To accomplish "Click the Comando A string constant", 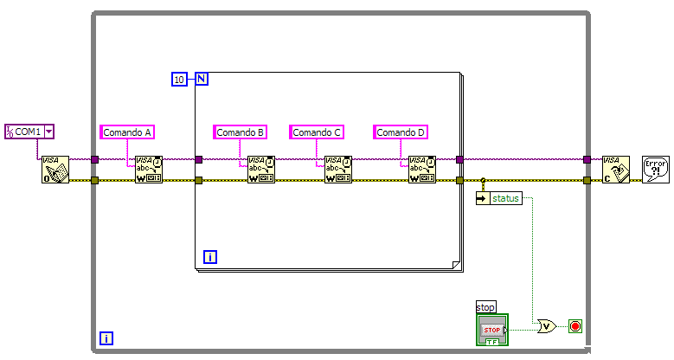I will [127, 132].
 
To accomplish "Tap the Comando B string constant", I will [241, 132].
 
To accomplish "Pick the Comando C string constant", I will [318, 132].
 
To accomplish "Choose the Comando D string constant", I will [401, 132].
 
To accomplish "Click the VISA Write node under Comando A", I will [149, 170].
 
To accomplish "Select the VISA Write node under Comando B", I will [261, 170].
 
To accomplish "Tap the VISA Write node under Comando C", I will [338, 170].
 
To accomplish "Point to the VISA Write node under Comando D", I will [422, 170].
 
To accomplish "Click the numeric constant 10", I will [179, 80].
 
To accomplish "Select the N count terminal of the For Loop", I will [201, 80].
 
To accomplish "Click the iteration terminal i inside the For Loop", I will [209, 257].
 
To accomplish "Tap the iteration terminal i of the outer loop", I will [106, 338].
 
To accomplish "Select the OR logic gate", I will [547, 326].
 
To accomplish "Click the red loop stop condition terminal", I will [575, 326].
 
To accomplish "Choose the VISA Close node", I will [616, 170].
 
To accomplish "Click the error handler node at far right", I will [655, 168].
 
